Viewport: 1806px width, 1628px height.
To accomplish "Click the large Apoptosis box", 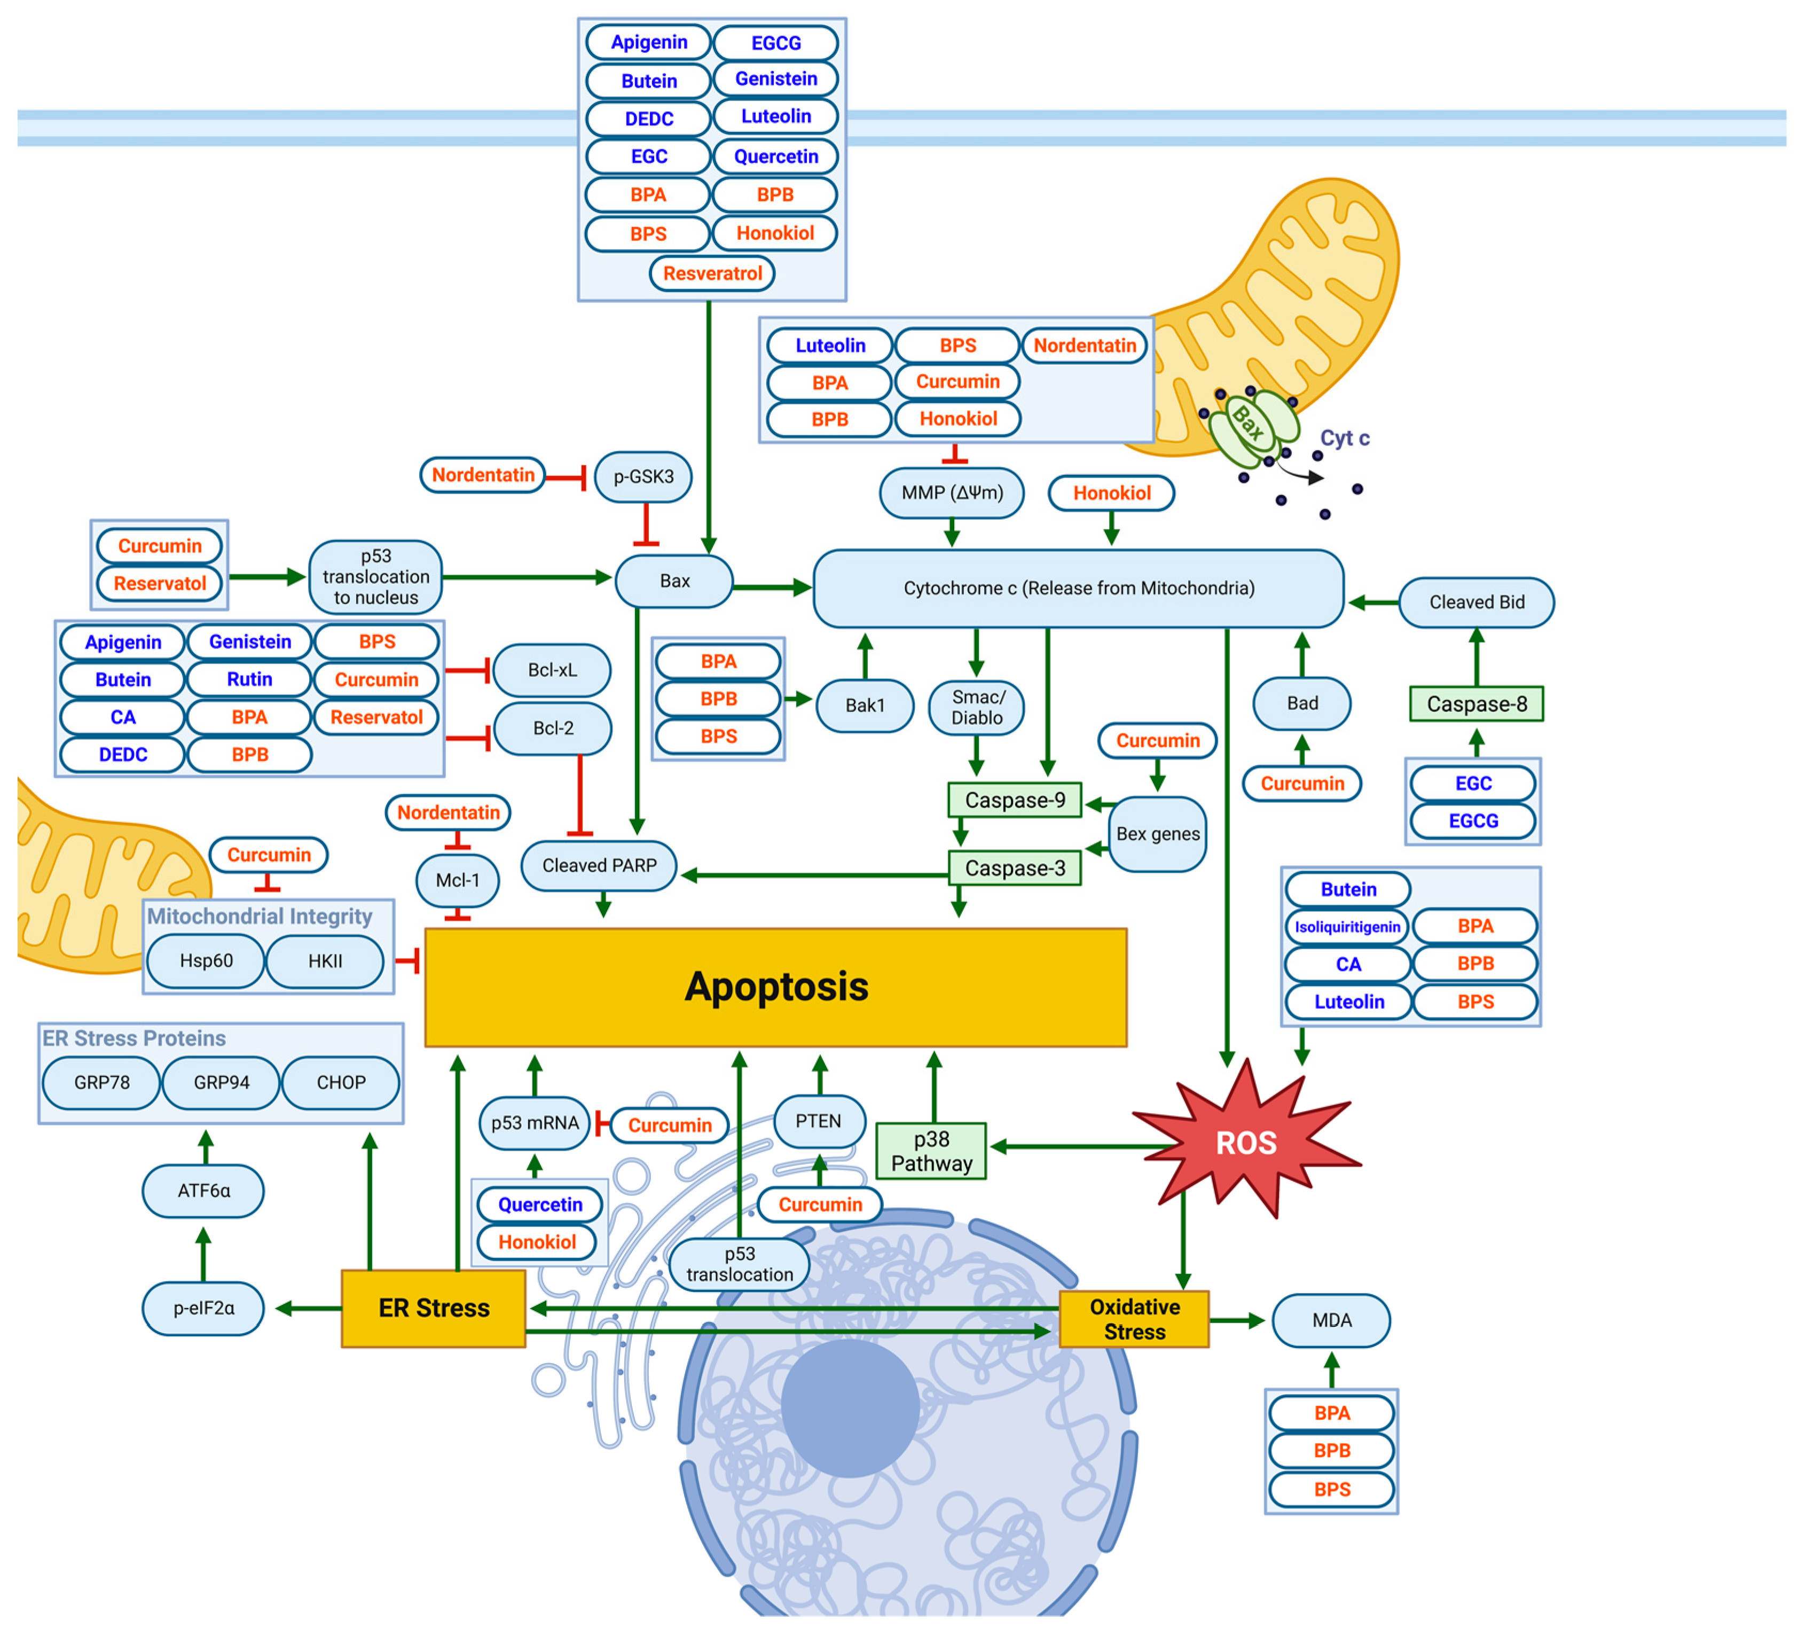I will pyautogui.click(x=775, y=987).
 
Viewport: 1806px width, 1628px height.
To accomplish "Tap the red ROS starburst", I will pyautogui.click(x=1246, y=1142).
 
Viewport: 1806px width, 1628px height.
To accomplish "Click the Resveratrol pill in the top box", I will pyautogui.click(x=712, y=273).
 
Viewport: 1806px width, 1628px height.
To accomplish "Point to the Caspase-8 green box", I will pyautogui.click(x=1476, y=704).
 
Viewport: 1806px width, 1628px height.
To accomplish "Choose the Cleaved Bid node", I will pyautogui.click(x=1476, y=602).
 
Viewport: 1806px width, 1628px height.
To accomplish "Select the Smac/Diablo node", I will pyautogui.click(x=977, y=707).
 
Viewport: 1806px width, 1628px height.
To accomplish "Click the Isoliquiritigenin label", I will pyautogui.click(x=1347, y=927).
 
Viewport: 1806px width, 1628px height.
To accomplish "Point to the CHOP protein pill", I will pyautogui.click(x=341, y=1082).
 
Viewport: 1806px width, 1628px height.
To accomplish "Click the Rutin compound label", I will pyautogui.click(x=249, y=679).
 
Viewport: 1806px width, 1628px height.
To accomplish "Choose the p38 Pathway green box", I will pyautogui.click(x=931, y=1151).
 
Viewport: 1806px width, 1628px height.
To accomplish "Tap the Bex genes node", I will pyautogui.click(x=1158, y=834).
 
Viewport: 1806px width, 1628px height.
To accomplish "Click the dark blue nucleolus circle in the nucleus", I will pyautogui.click(x=850, y=1407).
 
